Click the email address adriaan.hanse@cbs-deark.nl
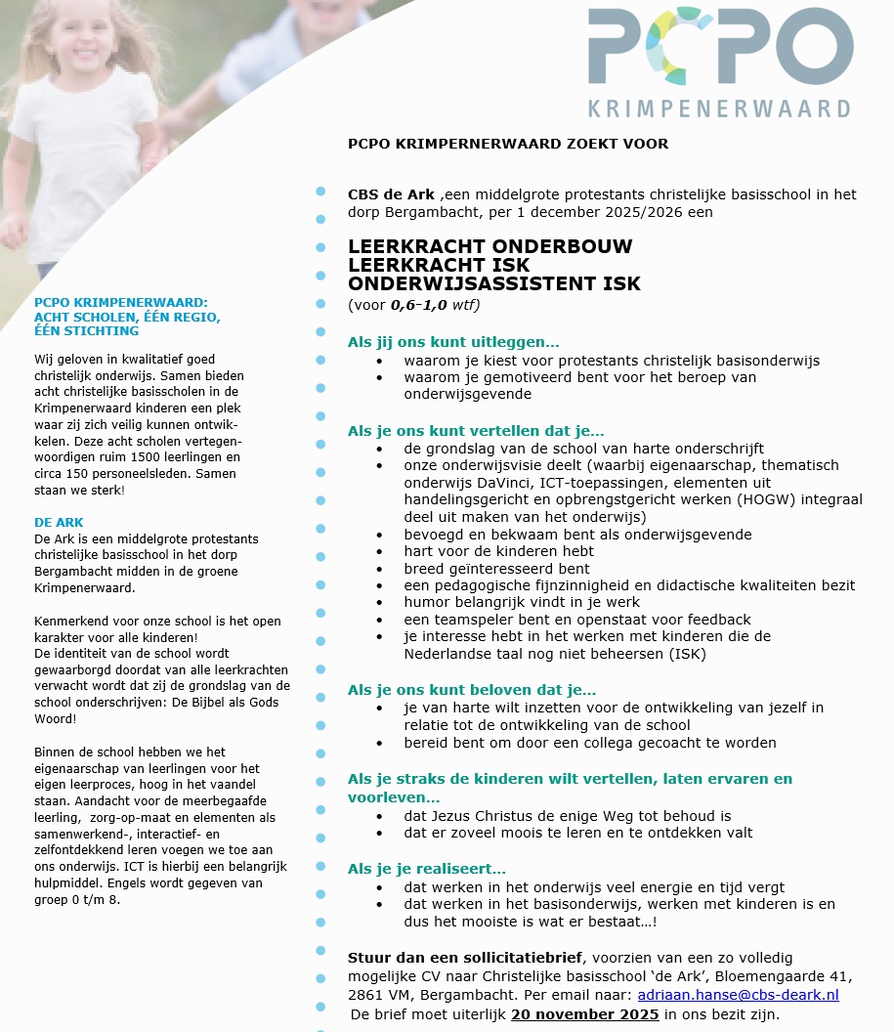738,995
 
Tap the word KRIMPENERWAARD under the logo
719,107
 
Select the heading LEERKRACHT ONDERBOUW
490,246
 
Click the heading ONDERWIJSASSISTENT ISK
493,284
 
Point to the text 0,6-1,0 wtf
433,305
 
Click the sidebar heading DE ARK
59,523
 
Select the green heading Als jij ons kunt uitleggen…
453,342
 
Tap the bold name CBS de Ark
391,194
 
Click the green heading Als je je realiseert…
427,869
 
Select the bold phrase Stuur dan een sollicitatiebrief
465,957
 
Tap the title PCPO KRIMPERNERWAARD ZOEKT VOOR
508,144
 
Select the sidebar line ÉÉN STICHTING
86,331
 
